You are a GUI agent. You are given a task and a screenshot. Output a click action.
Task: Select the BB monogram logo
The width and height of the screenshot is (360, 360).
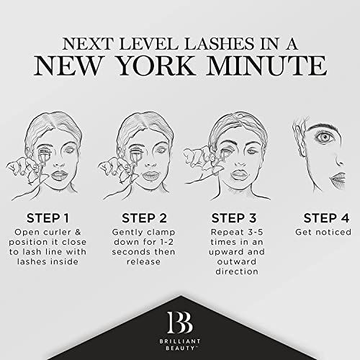tap(179, 318)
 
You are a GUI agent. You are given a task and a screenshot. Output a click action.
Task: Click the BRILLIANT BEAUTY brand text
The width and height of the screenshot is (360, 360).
tap(179, 343)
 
